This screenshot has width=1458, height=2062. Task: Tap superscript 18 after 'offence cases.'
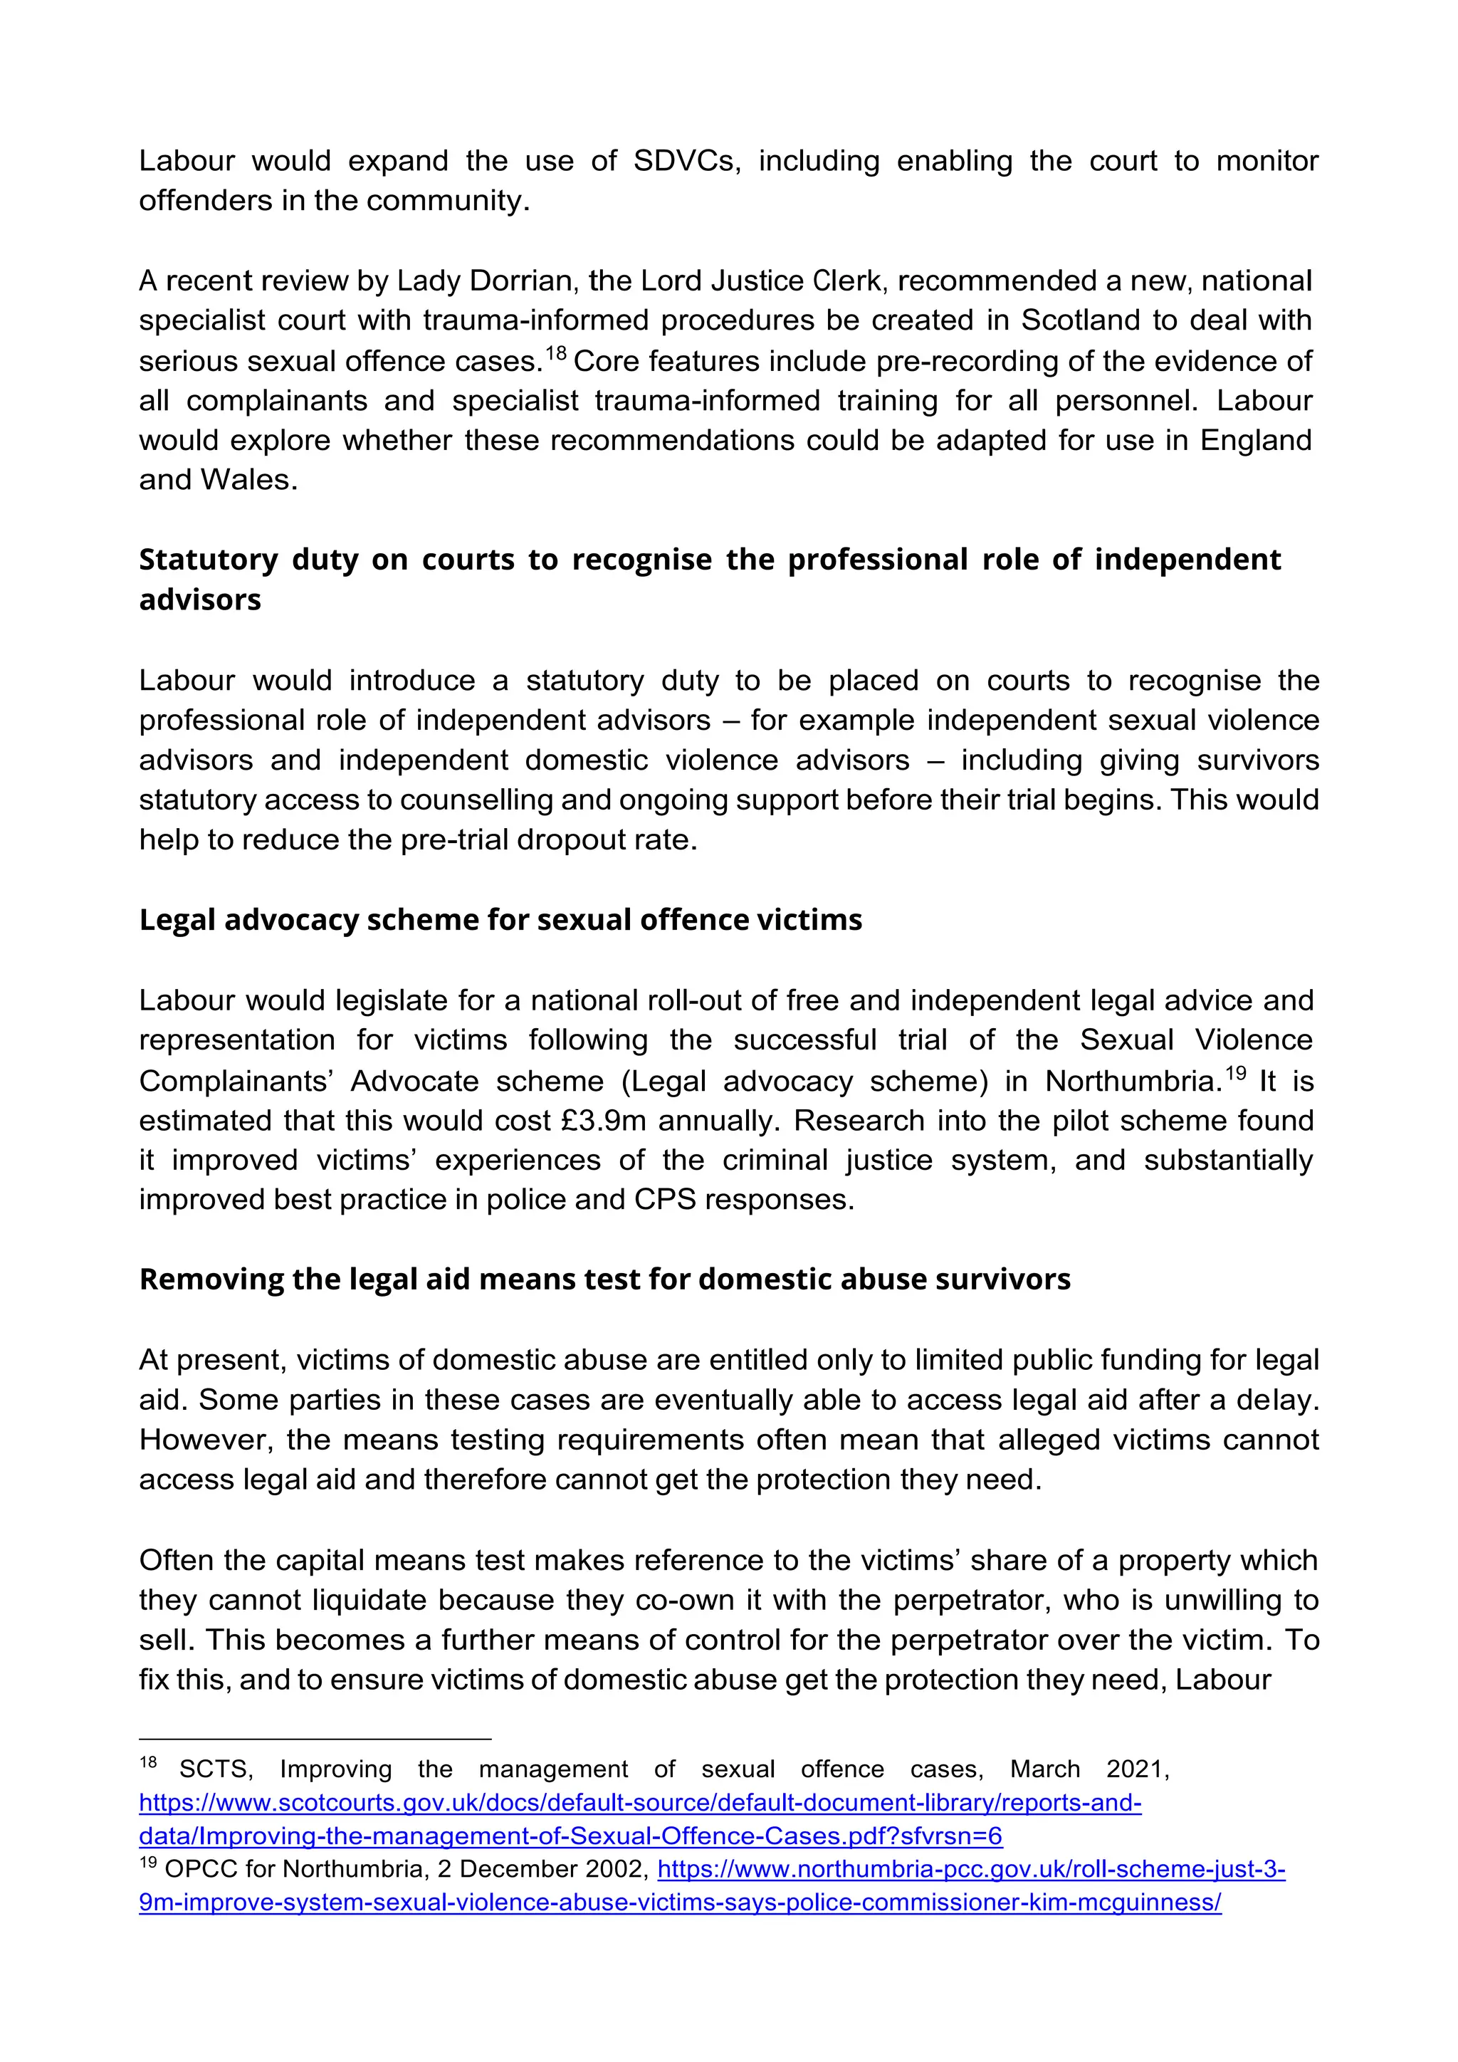(556, 353)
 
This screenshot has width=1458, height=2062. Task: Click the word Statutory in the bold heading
(209, 560)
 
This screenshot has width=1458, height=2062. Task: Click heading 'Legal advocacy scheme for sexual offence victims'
(500, 920)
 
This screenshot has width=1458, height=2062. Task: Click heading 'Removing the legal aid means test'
(604, 1279)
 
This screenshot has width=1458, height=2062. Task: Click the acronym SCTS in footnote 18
(216, 1787)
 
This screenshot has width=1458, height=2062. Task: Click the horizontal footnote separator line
(314, 1739)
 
